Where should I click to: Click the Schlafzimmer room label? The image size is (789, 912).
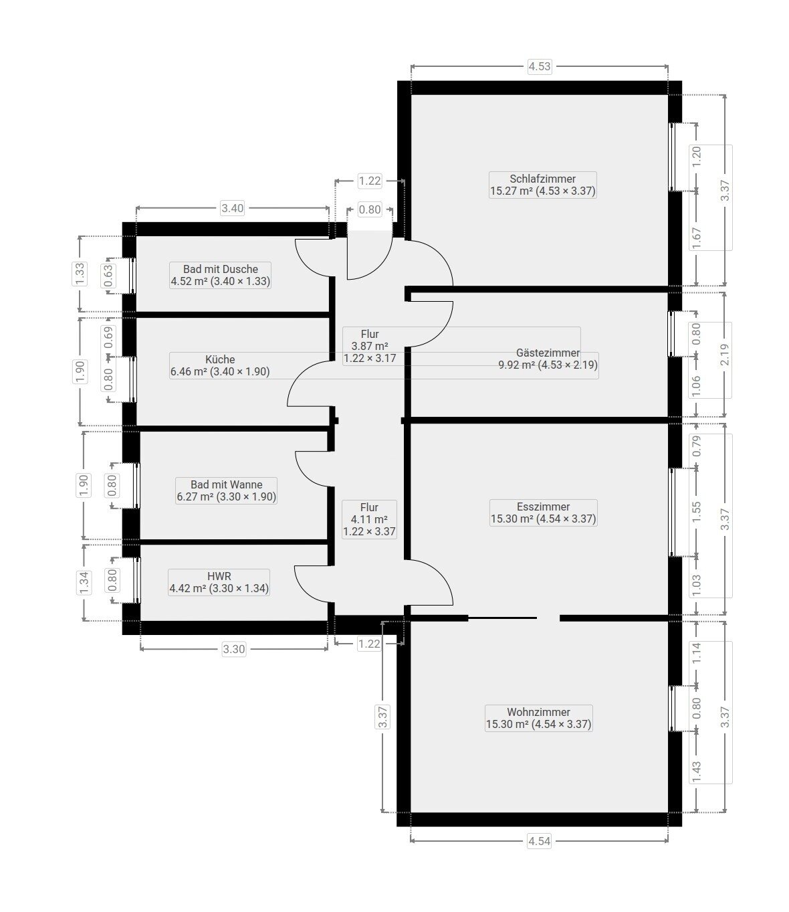pos(542,179)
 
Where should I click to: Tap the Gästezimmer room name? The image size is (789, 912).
pos(548,353)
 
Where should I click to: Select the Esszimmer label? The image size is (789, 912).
pos(543,507)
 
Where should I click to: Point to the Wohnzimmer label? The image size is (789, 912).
pos(538,712)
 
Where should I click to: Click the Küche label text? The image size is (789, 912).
pos(219,359)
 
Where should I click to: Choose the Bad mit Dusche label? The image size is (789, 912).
pos(220,269)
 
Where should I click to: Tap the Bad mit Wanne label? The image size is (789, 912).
pos(226,484)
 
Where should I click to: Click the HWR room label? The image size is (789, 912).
pos(219,576)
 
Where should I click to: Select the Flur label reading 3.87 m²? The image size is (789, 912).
pos(370,347)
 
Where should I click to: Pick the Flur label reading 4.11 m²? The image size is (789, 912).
pos(369,519)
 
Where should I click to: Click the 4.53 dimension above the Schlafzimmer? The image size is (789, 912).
pos(540,67)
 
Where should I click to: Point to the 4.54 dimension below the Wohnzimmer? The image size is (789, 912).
pos(539,841)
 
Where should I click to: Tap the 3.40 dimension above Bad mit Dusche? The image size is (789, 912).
pos(232,208)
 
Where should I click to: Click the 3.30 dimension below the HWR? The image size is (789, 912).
pos(233,649)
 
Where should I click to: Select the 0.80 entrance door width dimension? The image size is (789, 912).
pos(370,209)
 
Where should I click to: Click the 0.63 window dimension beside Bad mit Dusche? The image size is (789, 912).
pos(108,276)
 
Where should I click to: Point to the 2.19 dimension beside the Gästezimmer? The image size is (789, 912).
pos(725,355)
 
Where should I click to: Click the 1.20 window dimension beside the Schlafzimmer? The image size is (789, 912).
pos(696,157)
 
